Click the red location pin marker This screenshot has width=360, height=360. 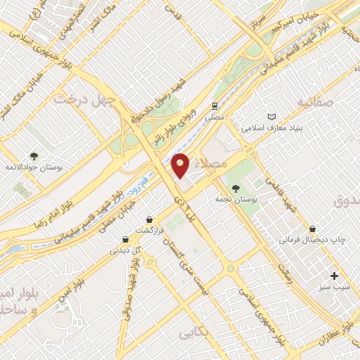pyautogui.click(x=181, y=165)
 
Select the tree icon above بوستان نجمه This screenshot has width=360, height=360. pyautogui.click(x=236, y=188)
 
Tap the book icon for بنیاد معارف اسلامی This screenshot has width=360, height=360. pyautogui.click(x=272, y=117)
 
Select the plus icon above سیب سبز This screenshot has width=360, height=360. pyautogui.click(x=334, y=275)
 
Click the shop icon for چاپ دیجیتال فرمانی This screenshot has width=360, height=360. pyautogui.click(x=313, y=229)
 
